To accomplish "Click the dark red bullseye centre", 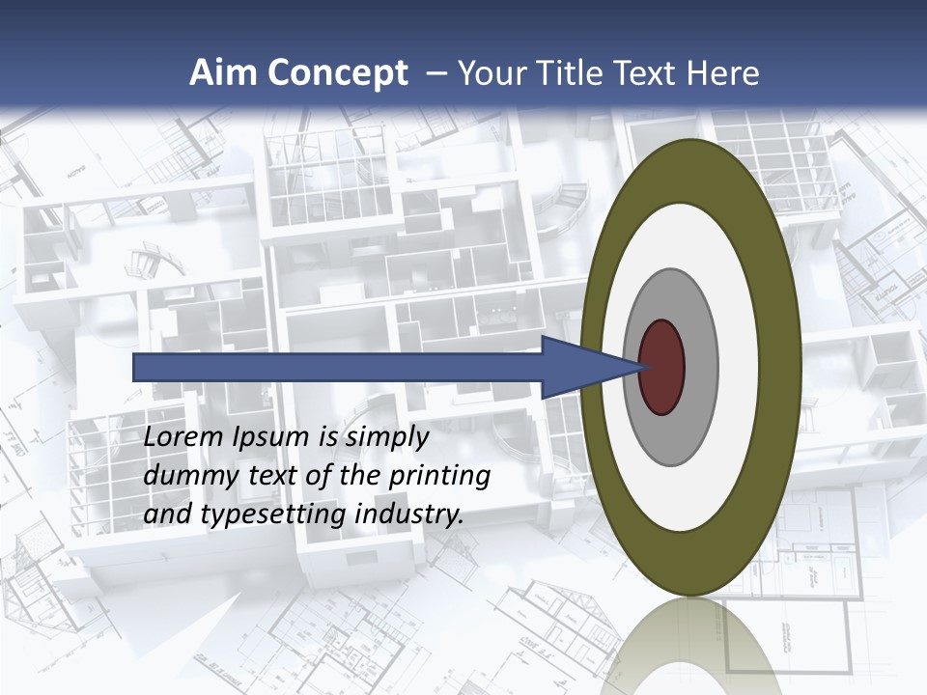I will click(x=662, y=368).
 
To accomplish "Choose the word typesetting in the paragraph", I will click(x=273, y=515).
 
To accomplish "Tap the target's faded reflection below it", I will click(x=690, y=647).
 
